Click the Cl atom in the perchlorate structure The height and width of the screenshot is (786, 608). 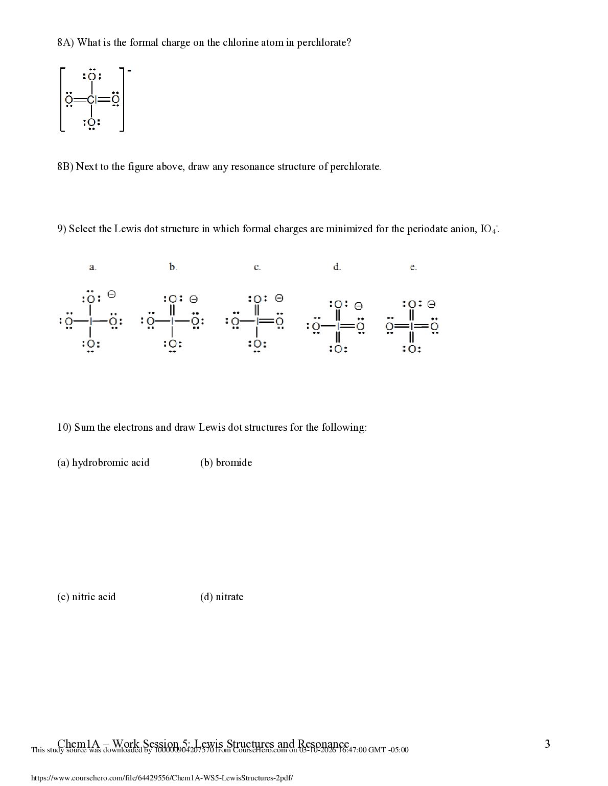click(91, 100)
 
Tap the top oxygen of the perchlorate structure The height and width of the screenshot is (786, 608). click(91, 77)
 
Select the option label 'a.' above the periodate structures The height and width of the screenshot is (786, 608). click(92, 267)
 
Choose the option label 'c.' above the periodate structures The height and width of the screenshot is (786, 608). click(258, 267)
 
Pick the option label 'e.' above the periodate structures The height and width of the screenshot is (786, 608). click(413, 267)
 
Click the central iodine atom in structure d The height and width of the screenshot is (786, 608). click(338, 327)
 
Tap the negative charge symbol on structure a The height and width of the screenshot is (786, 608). click(111, 294)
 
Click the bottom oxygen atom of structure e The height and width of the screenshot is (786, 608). click(412, 349)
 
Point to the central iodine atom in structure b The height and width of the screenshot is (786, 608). click(173, 321)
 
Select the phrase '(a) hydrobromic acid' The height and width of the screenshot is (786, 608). click(103, 463)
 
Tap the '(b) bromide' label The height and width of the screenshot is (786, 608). click(226, 463)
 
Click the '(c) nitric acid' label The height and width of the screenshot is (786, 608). click(86, 597)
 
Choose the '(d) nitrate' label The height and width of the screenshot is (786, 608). click(222, 597)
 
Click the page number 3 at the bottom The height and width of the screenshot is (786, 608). click(547, 744)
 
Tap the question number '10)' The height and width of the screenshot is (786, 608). click(64, 427)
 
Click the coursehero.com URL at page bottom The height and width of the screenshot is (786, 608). click(162, 778)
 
